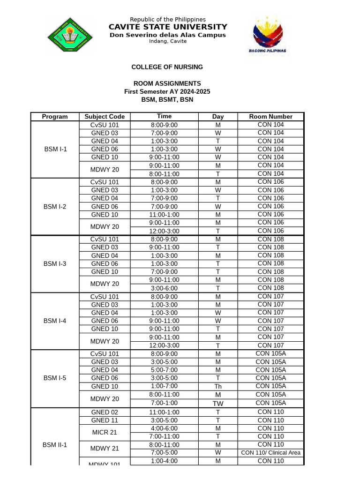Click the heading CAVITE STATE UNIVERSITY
(x=168, y=27)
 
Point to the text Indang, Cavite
(x=168, y=41)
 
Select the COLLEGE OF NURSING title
(x=167, y=67)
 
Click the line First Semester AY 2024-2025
(x=167, y=91)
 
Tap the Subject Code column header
(x=105, y=117)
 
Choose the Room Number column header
(x=270, y=117)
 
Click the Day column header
(x=218, y=117)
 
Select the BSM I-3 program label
(x=55, y=264)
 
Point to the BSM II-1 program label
(x=55, y=444)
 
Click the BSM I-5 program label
(x=55, y=378)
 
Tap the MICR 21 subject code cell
(x=105, y=432)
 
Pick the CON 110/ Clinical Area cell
(x=270, y=453)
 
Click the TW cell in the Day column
(x=218, y=403)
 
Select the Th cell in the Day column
(x=218, y=387)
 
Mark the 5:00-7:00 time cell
(x=164, y=370)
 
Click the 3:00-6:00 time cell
(x=164, y=288)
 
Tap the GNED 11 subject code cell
(x=105, y=420)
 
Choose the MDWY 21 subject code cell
(x=105, y=449)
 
